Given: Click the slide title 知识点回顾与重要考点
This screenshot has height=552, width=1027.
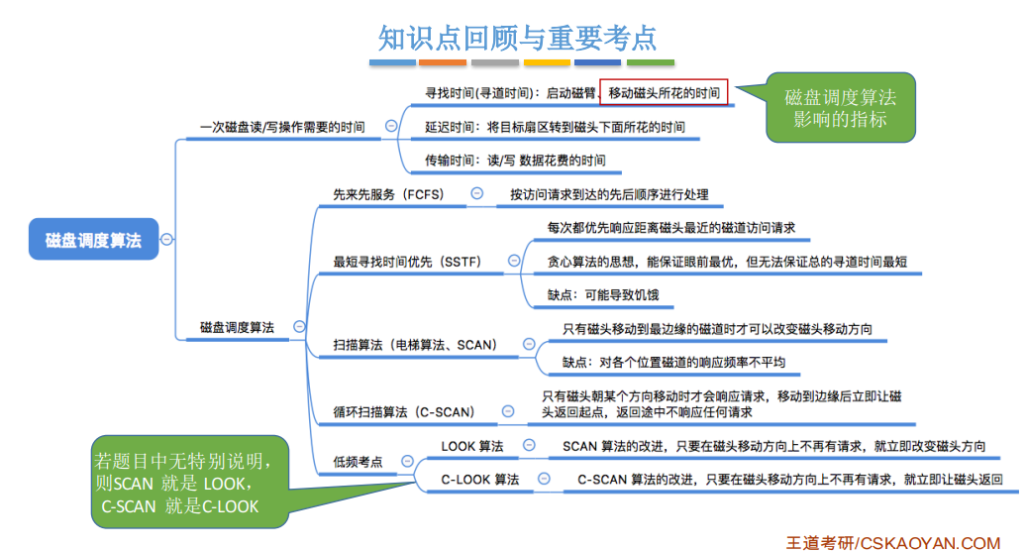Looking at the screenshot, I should [517, 37].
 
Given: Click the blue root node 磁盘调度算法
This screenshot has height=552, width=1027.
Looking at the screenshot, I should [93, 240].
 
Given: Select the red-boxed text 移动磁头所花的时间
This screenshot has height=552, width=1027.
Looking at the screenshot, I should [664, 93].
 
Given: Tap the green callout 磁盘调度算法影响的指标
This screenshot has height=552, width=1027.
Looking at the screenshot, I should [840, 108].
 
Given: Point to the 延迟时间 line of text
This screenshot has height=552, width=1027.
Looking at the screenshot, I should [555, 127].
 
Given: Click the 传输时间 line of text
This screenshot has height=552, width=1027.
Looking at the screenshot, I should [515, 160].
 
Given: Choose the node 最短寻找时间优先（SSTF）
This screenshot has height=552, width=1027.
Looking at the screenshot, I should [407, 262].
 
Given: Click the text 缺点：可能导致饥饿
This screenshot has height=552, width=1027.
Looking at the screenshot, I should [602, 294].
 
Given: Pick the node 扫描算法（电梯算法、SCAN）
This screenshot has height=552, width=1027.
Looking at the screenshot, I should [415, 345].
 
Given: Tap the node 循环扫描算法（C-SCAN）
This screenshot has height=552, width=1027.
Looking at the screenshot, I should [404, 411].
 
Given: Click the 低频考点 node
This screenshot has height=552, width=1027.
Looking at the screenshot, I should [358, 462].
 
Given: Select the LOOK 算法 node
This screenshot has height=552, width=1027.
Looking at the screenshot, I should [472, 447].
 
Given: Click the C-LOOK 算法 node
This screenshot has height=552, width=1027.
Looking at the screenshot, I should [480, 480].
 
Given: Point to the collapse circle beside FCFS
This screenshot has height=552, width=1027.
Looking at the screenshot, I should [476, 193].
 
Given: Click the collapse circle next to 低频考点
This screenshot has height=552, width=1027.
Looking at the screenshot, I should [406, 461].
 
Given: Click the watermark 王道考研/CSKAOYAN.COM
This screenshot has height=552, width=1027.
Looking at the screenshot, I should [892, 542].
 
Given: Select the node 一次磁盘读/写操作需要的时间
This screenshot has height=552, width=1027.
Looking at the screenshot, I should [282, 127].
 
